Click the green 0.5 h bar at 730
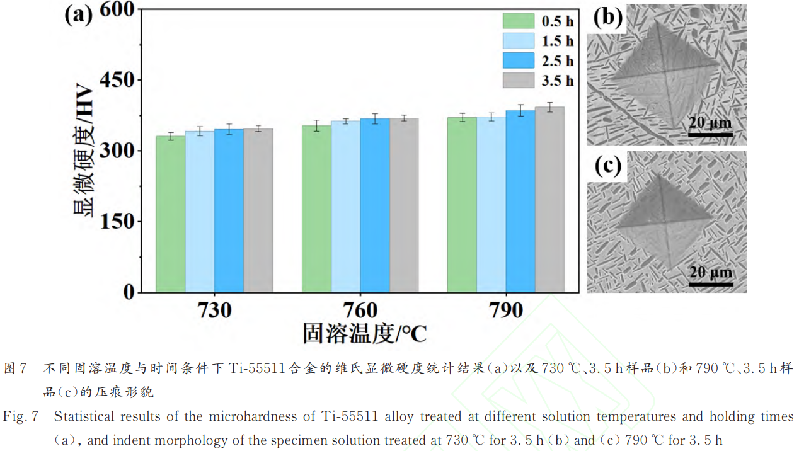171,214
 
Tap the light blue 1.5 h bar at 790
491,205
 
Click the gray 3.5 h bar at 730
258,210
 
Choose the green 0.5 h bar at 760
316,208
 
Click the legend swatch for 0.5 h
518,21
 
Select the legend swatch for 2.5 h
518,60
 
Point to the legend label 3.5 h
558,81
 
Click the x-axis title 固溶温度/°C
364,333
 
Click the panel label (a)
79,14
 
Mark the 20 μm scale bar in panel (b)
710,134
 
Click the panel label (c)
607,166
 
